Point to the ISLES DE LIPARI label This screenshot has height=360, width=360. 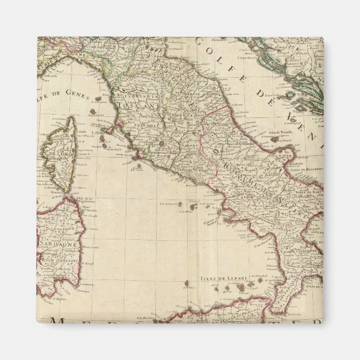216,278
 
